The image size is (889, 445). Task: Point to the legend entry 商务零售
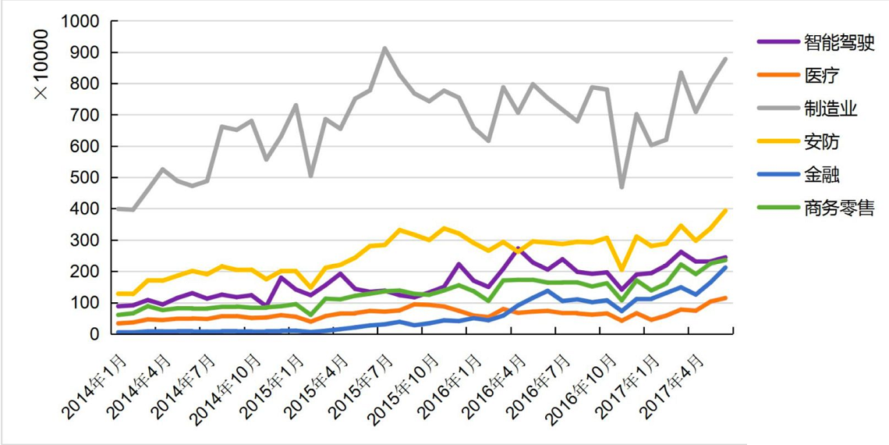click(x=839, y=208)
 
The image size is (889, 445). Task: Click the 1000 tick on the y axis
click(x=82, y=21)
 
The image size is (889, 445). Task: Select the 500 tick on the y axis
click(x=86, y=177)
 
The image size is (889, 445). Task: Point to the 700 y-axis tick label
click(x=86, y=115)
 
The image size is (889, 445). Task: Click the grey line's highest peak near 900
click(x=384, y=48)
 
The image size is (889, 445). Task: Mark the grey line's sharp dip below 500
click(x=622, y=187)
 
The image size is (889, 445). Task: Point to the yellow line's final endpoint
click(x=726, y=210)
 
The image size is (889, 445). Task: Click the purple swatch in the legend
click(x=777, y=41)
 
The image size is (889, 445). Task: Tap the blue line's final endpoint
click(x=726, y=267)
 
